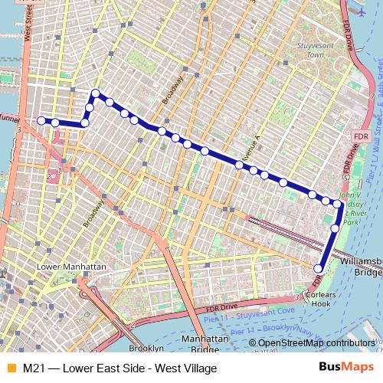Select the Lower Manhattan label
click(x=72, y=267)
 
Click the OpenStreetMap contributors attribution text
click(x=316, y=343)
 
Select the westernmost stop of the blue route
click(x=41, y=120)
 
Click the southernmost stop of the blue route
click(x=319, y=268)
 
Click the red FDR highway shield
click(x=362, y=136)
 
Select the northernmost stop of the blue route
click(x=96, y=93)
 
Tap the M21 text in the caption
click(x=34, y=368)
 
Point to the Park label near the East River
click(x=350, y=222)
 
